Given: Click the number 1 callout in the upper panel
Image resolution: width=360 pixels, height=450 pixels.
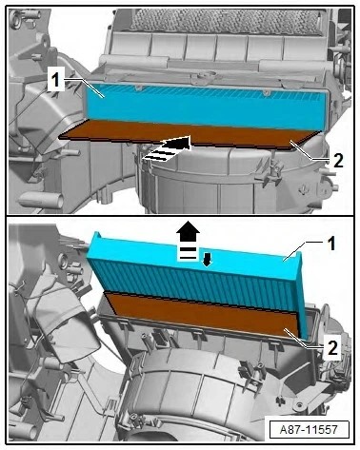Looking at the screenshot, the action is [x=56, y=79].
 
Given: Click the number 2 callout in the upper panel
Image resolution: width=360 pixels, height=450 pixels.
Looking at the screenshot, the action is [x=338, y=161].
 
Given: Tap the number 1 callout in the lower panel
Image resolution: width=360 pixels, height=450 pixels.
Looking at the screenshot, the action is [x=331, y=245].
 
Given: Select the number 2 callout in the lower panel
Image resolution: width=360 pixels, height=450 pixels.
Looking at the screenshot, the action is [x=332, y=348].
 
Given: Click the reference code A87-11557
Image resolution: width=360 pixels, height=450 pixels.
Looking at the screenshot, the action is [x=309, y=430].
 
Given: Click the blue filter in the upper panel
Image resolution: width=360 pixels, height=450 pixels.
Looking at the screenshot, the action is [x=207, y=107].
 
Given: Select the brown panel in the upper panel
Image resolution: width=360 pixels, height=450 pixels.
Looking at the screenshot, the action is [x=190, y=135].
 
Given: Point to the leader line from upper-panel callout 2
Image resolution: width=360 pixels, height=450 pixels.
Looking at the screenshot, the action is [x=310, y=152].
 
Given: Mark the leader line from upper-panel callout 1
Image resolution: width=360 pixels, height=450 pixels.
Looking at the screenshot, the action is [x=85, y=87].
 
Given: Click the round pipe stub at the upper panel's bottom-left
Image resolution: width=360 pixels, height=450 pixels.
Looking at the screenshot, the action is [x=41, y=201].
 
